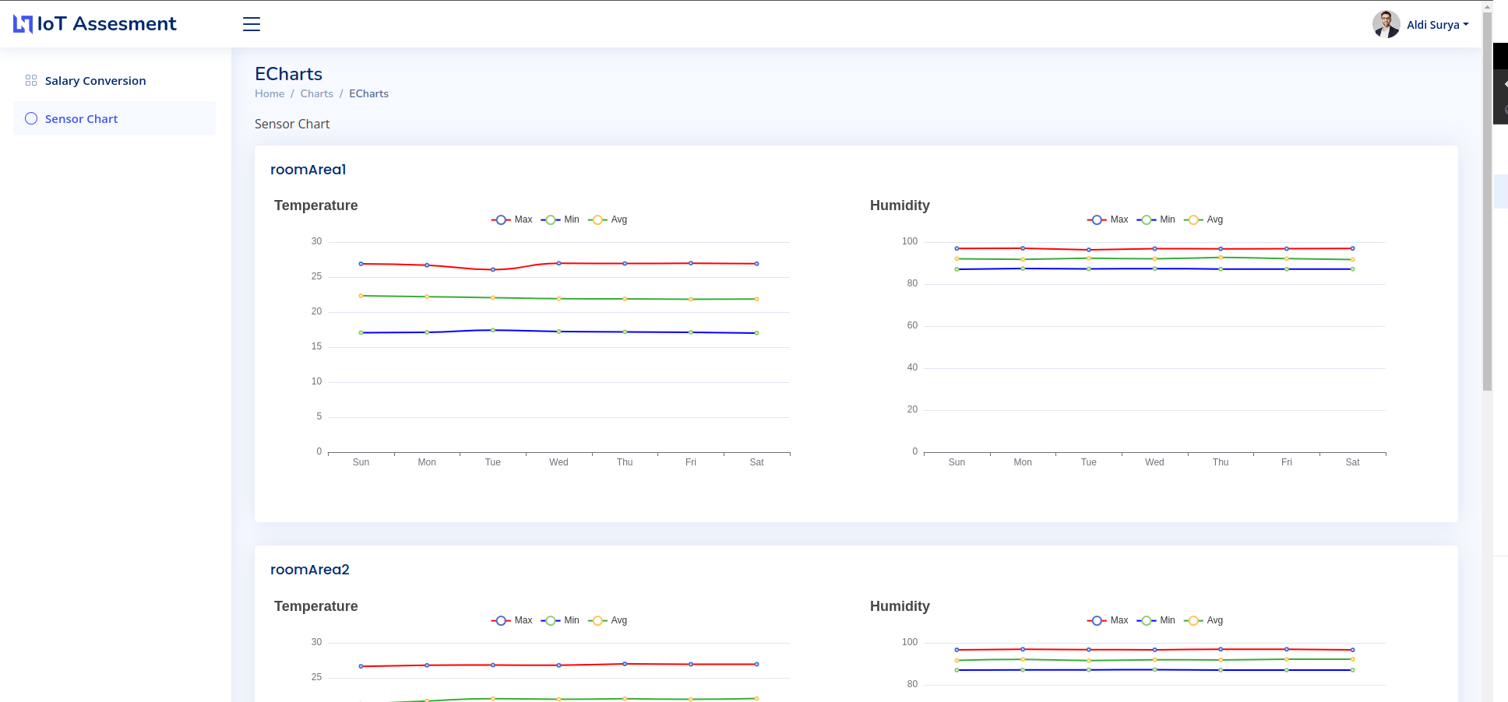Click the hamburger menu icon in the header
[x=251, y=24]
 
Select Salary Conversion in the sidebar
[x=95, y=81]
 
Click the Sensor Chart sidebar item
[x=81, y=119]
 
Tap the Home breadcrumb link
[x=270, y=93]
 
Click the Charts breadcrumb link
[x=316, y=93]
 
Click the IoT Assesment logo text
[x=106, y=24]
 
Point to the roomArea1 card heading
[x=308, y=170]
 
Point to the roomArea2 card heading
[x=309, y=570]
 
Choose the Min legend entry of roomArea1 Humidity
[x=1157, y=219]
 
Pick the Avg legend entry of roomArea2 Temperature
[x=608, y=620]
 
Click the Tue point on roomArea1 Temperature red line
[x=493, y=269]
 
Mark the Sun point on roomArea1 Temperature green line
[x=361, y=296]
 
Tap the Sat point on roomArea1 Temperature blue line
[x=756, y=333]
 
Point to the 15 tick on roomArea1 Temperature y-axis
[x=316, y=346]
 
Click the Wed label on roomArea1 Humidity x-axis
[x=1154, y=462]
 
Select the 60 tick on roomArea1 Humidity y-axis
[x=912, y=325]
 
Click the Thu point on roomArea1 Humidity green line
[x=1221, y=258]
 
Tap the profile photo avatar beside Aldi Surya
[x=1386, y=24]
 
